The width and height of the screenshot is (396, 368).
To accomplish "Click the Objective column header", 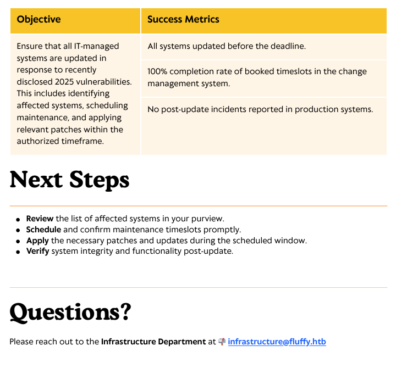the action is [38, 19].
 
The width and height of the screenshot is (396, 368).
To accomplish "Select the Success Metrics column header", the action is [183, 19].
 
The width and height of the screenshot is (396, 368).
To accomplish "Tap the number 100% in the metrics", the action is [157, 71].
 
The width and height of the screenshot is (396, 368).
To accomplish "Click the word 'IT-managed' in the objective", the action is [96, 46].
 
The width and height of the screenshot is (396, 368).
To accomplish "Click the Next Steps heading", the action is [69, 180].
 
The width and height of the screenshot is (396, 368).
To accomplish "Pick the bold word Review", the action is [40, 219].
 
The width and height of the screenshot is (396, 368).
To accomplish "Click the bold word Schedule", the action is [43, 230].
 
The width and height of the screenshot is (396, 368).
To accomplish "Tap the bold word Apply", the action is [37, 241].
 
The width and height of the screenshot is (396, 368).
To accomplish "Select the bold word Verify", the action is [37, 251].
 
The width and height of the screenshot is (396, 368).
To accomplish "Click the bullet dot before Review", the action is [18, 220].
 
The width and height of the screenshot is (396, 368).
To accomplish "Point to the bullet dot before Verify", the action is [18, 252].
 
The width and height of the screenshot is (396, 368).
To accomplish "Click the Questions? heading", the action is [70, 312].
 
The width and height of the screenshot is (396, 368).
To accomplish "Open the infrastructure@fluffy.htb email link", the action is [277, 342].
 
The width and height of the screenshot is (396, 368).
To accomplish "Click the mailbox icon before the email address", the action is [222, 342].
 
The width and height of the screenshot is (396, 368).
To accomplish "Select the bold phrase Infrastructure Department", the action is [153, 342].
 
